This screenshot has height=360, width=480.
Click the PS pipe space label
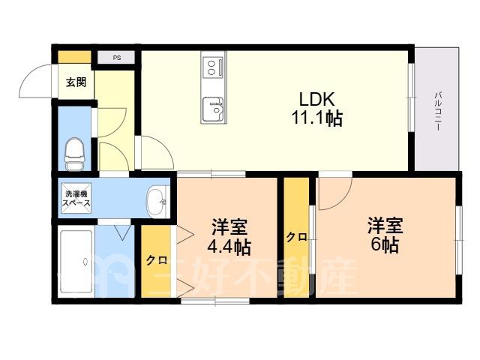pyautogui.click(x=117, y=58)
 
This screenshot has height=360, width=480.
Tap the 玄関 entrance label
pyautogui.click(x=76, y=82)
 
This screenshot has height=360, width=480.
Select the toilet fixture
pyautogui.click(x=74, y=154)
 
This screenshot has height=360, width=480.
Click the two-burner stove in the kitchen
pyautogui.click(x=213, y=67)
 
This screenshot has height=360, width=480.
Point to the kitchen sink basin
pyautogui.click(x=213, y=109)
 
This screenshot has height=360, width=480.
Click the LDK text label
pyautogui.click(x=316, y=99)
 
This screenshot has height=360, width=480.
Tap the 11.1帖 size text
pyautogui.click(x=316, y=118)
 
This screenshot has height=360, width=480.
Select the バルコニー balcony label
pyautogui.click(x=438, y=111)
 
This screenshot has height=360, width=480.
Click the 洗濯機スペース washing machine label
pyautogui.click(x=76, y=198)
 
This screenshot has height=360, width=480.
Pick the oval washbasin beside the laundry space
pyautogui.click(x=157, y=202)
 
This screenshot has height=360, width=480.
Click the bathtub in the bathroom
pyautogui.click(x=76, y=262)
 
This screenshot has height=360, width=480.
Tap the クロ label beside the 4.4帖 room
pyautogui.click(x=157, y=260)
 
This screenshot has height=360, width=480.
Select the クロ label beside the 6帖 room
pyautogui.click(x=297, y=237)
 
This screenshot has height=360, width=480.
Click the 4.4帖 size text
pyautogui.click(x=229, y=247)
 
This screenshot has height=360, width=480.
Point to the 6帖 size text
pyautogui.click(x=385, y=245)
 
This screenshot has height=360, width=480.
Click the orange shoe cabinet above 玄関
pyautogui.click(x=75, y=57)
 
